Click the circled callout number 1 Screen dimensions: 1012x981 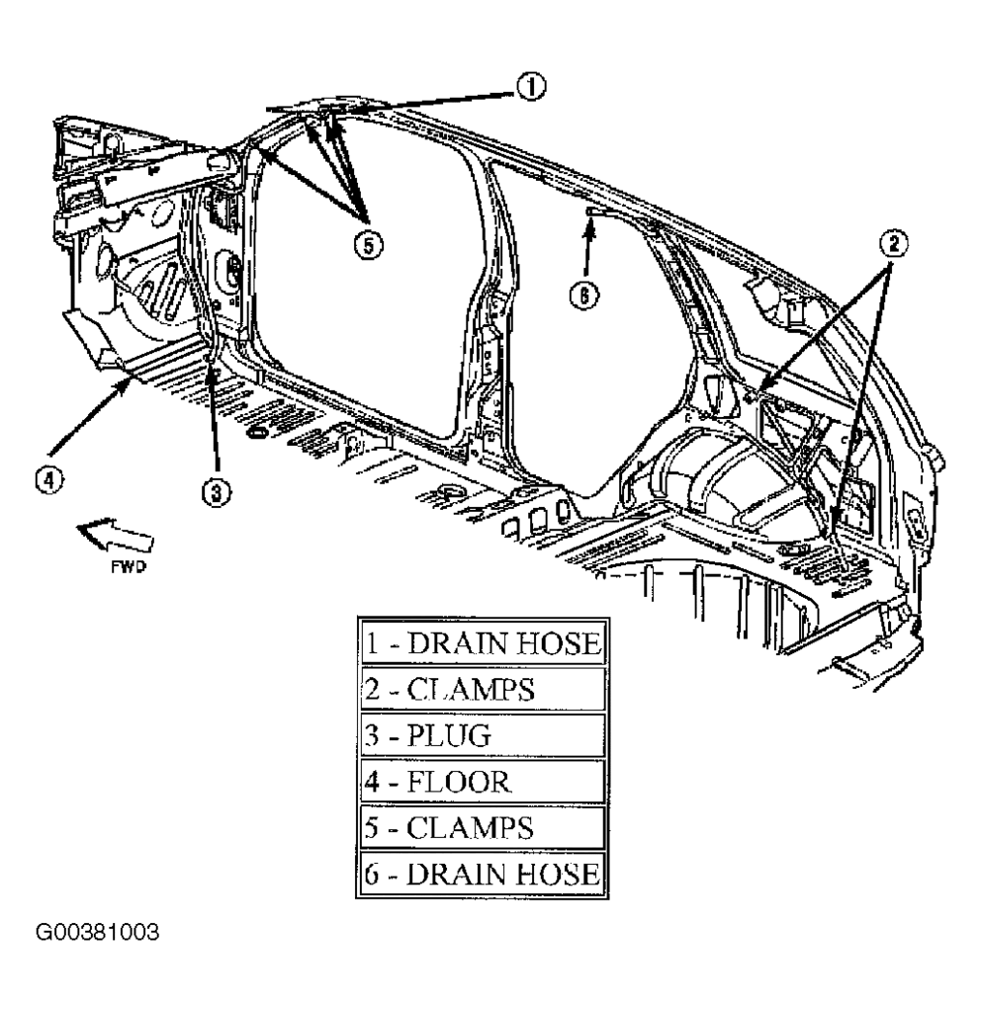pos(531,87)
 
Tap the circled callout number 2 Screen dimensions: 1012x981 pos(892,240)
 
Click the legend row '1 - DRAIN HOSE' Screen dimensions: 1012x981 pos(481,644)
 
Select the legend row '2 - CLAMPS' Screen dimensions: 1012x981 pos(481,689)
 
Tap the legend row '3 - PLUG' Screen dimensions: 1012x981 pos(481,735)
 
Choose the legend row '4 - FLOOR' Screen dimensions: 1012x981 pos(481,782)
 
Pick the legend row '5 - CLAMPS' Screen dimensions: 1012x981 pos(481,828)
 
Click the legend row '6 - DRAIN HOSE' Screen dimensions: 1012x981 pos(481,874)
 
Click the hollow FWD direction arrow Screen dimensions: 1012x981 pos(117,538)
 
